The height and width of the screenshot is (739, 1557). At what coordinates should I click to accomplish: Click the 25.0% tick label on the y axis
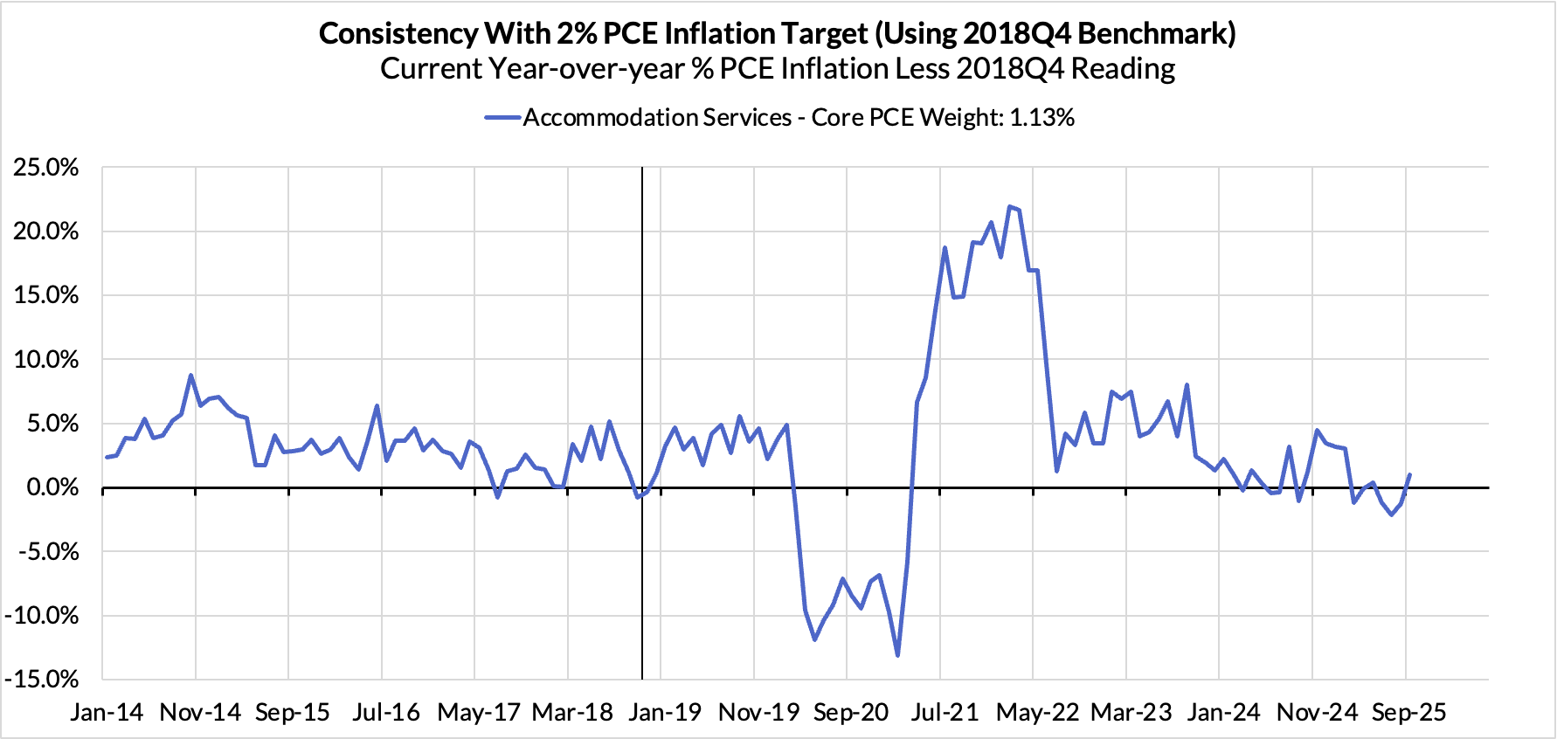pos(46,168)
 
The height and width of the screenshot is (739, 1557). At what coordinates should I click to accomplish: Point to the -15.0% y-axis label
pos(42,680)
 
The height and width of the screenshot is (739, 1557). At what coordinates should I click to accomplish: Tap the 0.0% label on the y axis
pos(52,487)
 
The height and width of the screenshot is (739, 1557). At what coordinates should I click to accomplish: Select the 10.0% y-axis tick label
pos(46,360)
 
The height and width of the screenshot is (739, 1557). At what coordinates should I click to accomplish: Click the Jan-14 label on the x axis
pos(107,713)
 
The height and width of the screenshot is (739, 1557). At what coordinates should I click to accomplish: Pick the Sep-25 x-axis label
pos(1408,713)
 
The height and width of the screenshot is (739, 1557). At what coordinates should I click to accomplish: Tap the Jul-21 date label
pos(945,713)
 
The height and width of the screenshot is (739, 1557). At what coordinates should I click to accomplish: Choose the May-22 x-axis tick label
pos(1037,713)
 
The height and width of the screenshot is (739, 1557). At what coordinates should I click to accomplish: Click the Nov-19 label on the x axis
pos(758,713)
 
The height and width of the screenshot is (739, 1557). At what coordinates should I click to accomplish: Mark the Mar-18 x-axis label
pos(572,713)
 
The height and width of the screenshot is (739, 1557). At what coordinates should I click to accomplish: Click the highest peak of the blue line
pos(1010,206)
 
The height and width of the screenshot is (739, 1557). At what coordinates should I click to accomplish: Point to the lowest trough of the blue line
pos(897,655)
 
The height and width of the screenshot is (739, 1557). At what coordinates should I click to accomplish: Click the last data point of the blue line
pos(1409,475)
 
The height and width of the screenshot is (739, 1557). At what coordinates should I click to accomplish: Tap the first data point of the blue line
pos(107,457)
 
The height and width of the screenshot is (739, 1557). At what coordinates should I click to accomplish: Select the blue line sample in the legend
pos(503,118)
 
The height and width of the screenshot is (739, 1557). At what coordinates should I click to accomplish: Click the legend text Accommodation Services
pos(657,118)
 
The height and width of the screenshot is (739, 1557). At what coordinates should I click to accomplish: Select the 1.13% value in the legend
pos(1042,118)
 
